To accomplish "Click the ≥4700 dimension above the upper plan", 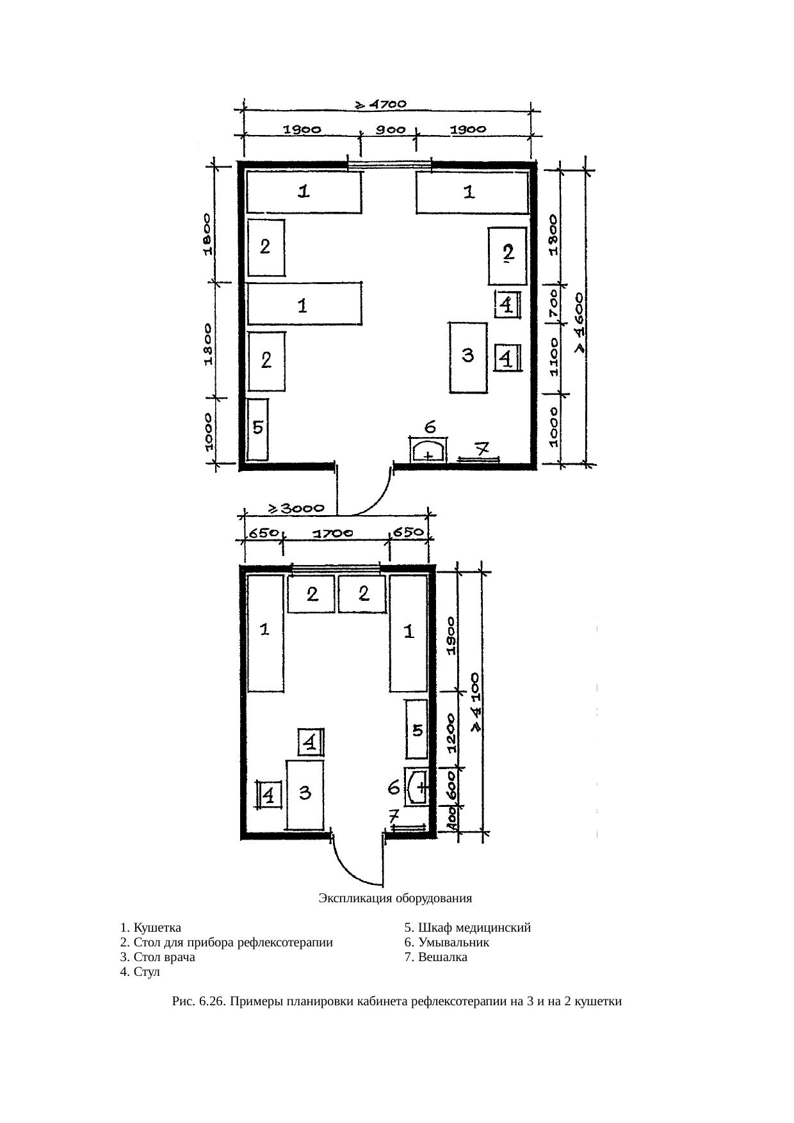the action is click(x=381, y=103).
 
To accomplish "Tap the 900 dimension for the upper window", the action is click(x=390, y=129).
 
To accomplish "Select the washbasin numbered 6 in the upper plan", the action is click(x=429, y=449).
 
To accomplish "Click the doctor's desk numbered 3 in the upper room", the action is click(x=468, y=357).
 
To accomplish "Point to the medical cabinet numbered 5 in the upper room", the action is click(x=257, y=429).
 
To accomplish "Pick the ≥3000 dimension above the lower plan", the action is click(x=295, y=509).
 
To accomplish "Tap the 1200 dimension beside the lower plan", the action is click(x=452, y=732).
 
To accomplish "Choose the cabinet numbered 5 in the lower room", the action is click(x=416, y=729).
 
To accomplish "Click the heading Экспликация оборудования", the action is click(x=395, y=898).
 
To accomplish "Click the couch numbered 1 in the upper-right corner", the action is click(x=472, y=192).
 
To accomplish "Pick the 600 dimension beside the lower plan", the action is click(x=452, y=785).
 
